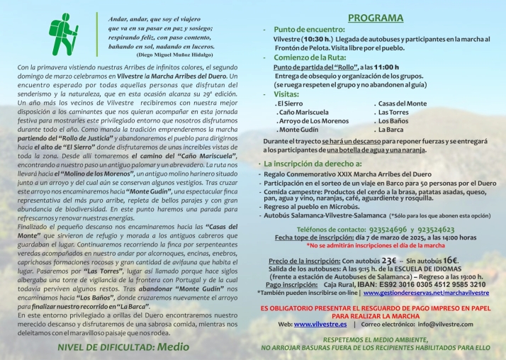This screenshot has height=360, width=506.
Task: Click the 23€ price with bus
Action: [x=389, y=260]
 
